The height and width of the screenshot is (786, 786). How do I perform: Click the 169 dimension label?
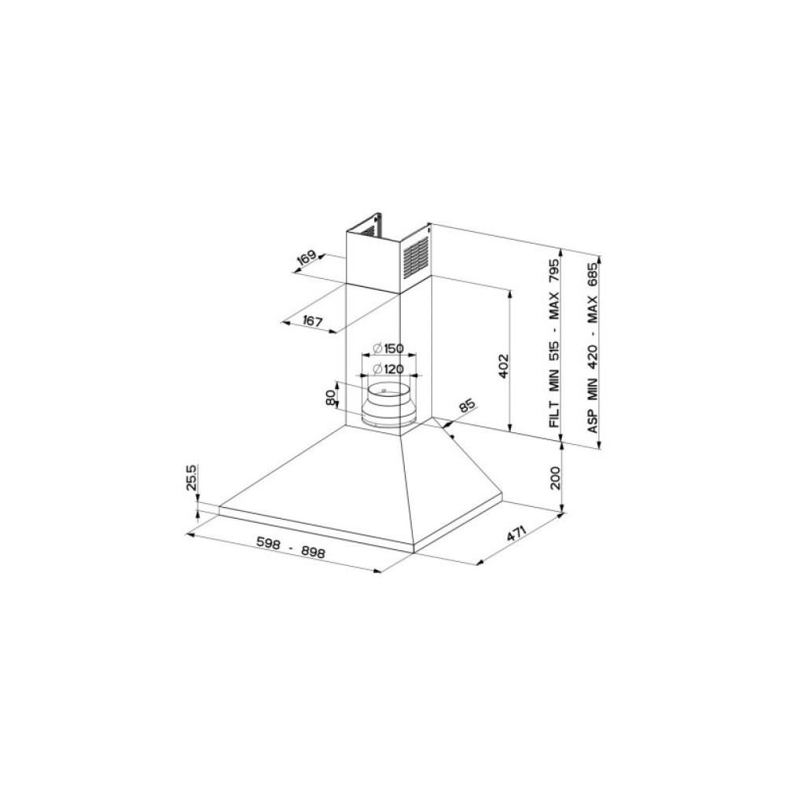pos(307,257)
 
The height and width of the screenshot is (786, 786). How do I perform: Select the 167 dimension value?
pos(312,321)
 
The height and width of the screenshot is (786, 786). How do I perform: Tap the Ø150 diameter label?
pos(388,348)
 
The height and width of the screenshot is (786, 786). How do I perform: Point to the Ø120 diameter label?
pos(388,369)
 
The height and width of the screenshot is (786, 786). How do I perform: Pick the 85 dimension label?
pos(466,406)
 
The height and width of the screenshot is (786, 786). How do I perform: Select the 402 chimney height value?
pos(504,366)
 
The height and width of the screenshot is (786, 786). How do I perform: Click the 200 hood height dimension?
pos(556,478)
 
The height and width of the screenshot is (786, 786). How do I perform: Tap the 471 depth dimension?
pos(516,534)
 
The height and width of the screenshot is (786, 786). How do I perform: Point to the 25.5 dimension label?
pos(194,478)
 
